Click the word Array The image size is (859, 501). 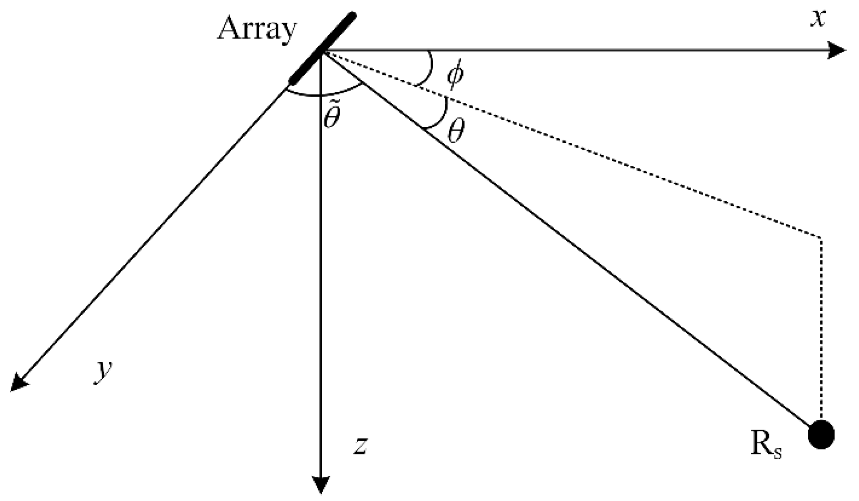pyautogui.click(x=256, y=30)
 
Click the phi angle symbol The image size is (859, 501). pyautogui.click(x=455, y=76)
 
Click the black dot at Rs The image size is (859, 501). pyautogui.click(x=821, y=434)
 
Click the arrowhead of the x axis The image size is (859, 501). pyautogui.click(x=837, y=50)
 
